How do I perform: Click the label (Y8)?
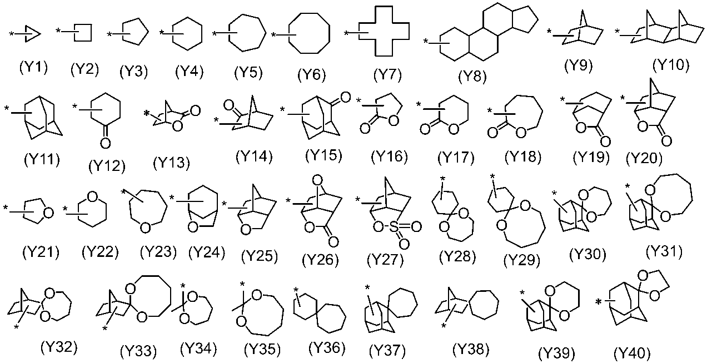[x=471, y=77]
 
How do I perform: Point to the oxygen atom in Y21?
[x=48, y=213]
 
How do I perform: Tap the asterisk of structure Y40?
[x=599, y=302]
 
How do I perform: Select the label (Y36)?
[x=327, y=348]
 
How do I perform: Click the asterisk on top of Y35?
[x=243, y=285]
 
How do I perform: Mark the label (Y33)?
[x=138, y=351]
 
